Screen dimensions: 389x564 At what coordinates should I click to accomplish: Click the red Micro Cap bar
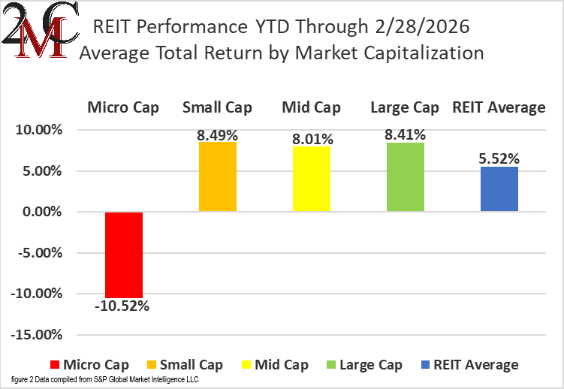[124, 255]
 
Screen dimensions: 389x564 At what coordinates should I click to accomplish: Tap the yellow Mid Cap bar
[312, 179]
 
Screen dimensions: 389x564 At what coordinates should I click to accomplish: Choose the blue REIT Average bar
[499, 189]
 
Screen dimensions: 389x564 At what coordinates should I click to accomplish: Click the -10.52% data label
[124, 306]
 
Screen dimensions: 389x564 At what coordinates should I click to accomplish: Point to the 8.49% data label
[218, 135]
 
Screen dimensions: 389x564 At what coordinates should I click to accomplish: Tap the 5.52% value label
[499, 158]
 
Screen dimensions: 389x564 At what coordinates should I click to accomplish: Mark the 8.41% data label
[405, 135]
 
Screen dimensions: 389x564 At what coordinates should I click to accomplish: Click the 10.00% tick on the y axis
[39, 130]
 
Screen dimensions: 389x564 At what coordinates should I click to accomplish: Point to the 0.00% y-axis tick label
[42, 212]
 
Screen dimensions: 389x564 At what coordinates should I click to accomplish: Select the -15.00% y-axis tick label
[37, 334]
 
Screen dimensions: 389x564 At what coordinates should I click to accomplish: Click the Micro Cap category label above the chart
[124, 107]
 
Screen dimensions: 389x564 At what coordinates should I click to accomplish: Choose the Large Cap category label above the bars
[405, 107]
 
